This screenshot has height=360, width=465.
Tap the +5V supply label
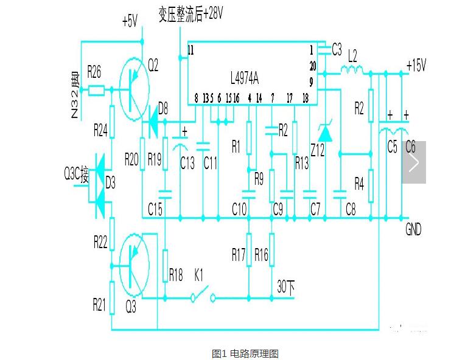pos(130,22)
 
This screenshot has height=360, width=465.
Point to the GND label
pos(413,230)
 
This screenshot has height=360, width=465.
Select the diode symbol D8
pos(151,125)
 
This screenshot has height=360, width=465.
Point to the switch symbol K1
pos(203,297)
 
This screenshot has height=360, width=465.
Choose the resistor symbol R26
pos(96,91)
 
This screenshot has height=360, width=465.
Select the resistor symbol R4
pos(371,182)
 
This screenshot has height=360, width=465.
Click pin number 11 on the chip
pos(191,50)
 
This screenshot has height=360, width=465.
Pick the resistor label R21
pos(99,305)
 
